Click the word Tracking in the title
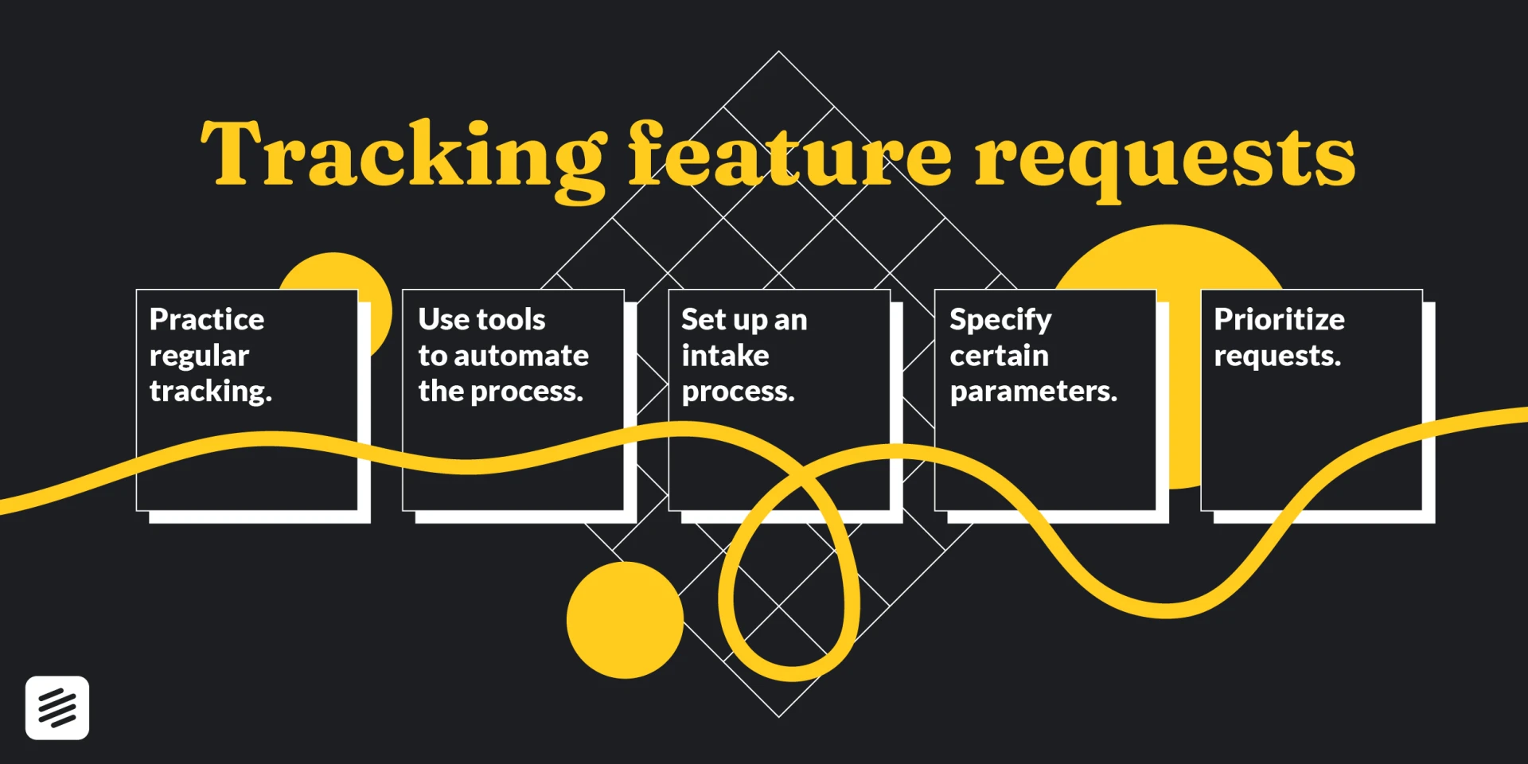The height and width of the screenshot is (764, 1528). [403, 155]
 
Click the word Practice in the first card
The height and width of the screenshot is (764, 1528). [207, 319]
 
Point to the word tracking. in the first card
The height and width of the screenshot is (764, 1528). [211, 391]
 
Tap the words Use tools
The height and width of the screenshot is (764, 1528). [481, 319]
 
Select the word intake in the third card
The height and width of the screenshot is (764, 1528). [725, 355]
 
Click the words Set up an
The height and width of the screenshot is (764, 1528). [744, 319]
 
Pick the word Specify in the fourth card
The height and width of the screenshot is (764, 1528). [1000, 320]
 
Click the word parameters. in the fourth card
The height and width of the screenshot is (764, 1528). [1034, 391]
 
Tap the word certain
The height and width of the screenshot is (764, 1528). [999, 355]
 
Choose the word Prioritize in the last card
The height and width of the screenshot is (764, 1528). [1279, 319]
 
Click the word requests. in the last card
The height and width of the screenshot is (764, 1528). [1277, 356]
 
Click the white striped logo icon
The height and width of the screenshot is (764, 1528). [57, 707]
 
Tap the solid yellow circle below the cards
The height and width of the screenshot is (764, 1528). [625, 620]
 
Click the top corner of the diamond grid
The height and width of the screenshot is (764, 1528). [778, 53]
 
